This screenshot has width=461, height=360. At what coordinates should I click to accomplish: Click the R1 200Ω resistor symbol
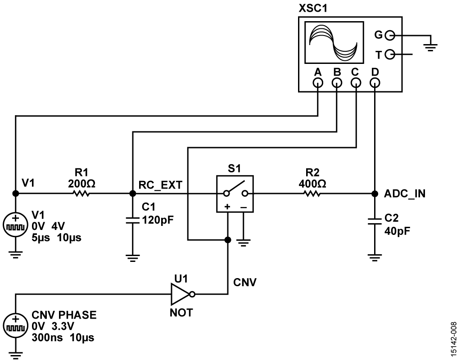click(x=81, y=193)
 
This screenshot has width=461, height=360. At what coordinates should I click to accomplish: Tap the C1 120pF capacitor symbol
click(x=132, y=220)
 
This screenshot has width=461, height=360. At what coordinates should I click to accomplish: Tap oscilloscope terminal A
click(x=318, y=83)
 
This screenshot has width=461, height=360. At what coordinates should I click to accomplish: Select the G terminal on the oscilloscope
click(x=390, y=35)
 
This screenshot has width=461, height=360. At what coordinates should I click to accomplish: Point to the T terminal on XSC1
click(x=390, y=55)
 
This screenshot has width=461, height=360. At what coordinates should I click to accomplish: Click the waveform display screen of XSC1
click(x=333, y=44)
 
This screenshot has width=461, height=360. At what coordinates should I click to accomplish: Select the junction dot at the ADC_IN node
click(x=375, y=193)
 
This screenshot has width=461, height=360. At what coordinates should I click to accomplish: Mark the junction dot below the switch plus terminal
click(x=228, y=239)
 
